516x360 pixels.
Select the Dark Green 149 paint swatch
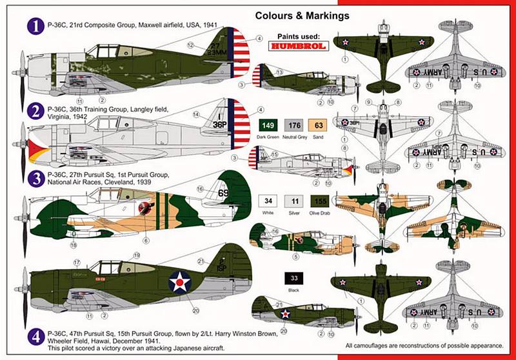click(268, 126)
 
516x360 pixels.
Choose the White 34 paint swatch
click(268, 201)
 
